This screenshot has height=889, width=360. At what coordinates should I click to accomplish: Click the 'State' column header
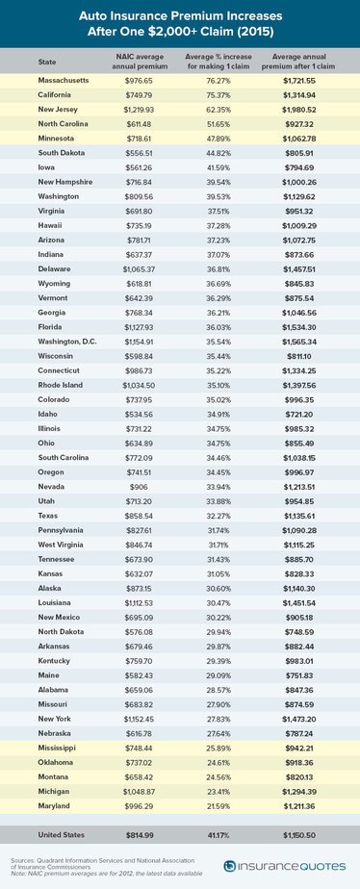tap(46, 62)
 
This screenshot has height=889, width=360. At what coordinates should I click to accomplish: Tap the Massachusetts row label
tap(62, 81)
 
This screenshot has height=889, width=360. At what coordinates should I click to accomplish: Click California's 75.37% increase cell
tap(219, 95)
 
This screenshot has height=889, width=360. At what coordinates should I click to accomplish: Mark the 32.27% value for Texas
tap(219, 516)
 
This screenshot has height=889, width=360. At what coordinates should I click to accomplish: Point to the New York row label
tap(52, 719)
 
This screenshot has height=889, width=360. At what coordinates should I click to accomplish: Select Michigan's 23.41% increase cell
tap(219, 792)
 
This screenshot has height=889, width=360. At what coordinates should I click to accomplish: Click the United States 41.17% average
tap(219, 835)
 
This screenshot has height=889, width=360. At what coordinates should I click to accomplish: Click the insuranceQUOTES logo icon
tap(229, 866)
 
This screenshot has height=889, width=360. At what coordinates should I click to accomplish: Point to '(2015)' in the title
tap(257, 33)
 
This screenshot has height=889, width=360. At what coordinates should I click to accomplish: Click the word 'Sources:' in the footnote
tap(20, 861)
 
